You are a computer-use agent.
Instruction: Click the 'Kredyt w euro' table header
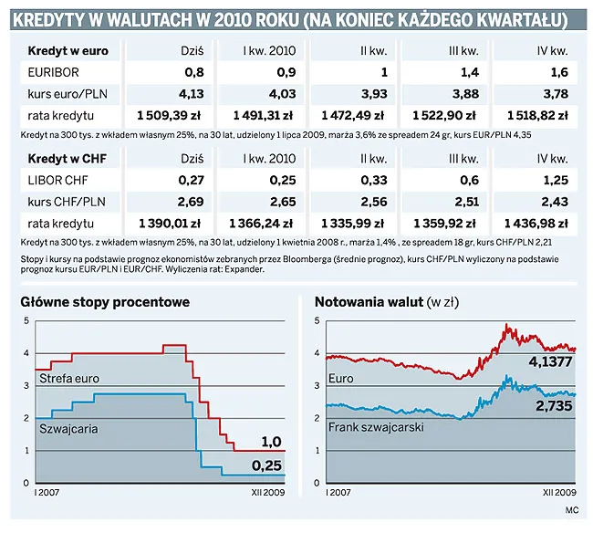click(68, 50)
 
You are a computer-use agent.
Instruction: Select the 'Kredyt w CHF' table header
click(68, 158)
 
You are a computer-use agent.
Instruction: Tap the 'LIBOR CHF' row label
click(59, 180)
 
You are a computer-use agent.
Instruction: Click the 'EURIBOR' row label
click(54, 72)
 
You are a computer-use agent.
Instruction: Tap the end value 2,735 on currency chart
click(554, 406)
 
